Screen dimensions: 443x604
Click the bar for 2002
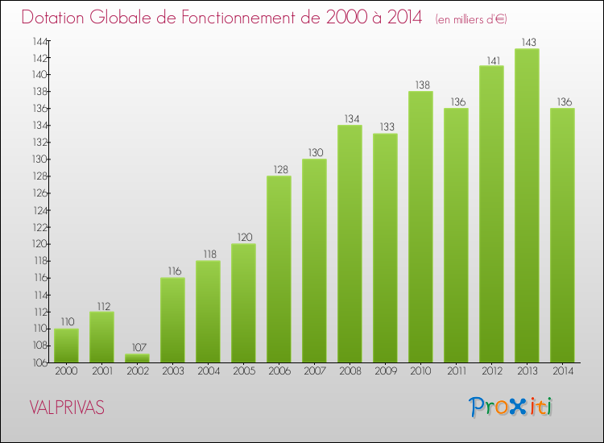point(137,358)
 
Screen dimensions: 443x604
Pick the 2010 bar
point(420,226)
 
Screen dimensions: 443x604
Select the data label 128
point(279,169)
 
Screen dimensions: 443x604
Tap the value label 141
point(491,59)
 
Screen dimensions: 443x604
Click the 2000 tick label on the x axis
point(66,371)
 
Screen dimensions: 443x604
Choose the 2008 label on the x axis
point(350,371)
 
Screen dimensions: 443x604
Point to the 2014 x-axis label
point(562,371)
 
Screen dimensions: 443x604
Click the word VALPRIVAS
point(66,408)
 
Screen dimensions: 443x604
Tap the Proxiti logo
point(511,407)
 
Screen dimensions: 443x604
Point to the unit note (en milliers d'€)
point(471,19)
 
